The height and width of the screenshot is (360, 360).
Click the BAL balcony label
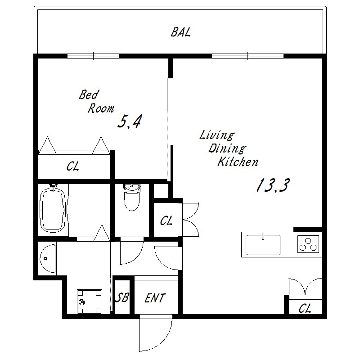tap(181, 32)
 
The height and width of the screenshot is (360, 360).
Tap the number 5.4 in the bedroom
tap(130, 122)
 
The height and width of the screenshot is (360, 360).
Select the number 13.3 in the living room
tap(273, 185)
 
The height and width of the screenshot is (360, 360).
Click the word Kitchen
tap(238, 162)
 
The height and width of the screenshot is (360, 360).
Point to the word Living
tap(216, 135)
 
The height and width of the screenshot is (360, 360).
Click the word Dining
tap(227, 149)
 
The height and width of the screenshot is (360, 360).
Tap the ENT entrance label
tap(155, 298)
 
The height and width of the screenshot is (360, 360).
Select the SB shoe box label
tap(122, 298)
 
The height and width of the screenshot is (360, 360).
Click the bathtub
tap(53, 209)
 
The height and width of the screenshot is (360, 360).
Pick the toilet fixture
tap(132, 197)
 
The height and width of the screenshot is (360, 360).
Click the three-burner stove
tap(308, 244)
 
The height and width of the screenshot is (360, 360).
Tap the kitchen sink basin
tap(263, 245)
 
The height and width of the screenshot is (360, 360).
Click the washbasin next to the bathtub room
tap(47, 258)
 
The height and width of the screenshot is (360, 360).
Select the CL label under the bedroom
tap(73, 166)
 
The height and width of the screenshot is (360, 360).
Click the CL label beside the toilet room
tap(166, 221)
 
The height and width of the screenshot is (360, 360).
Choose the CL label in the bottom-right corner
tap(305, 309)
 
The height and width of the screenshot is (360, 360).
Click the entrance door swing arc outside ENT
tap(163, 341)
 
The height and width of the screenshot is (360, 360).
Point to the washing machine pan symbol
tap(90, 301)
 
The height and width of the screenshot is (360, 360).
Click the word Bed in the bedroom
tap(88, 95)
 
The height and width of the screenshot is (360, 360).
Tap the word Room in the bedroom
tap(101, 108)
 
